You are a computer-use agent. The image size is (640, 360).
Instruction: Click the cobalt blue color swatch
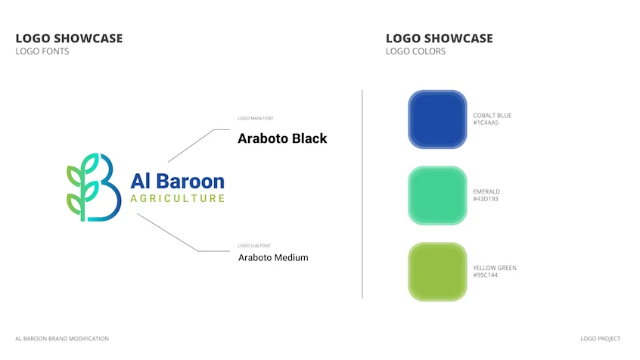pos(437,119)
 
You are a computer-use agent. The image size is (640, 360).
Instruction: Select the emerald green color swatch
pos(437,196)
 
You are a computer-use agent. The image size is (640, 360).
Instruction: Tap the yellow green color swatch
pos(437,272)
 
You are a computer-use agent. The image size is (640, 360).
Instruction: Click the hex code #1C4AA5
pos(486,123)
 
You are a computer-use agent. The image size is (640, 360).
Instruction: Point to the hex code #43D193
pos(486,199)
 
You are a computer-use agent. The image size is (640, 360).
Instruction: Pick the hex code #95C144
pos(486,275)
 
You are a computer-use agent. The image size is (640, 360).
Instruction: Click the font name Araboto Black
pos(282,138)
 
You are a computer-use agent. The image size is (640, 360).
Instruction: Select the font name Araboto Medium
pos(273,258)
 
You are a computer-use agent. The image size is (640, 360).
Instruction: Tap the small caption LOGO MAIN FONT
pos(256,119)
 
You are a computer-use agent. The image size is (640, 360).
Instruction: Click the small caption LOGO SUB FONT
pos(254,246)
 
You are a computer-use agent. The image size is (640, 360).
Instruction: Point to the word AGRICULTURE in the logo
pos(178,198)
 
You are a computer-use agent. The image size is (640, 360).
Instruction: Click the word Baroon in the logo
pos(190,182)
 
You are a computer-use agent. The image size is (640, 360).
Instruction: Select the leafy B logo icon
pos(94,188)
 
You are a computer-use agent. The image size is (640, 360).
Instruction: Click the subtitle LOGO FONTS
pos(42,51)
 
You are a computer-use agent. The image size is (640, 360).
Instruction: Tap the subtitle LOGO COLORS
pos(415,51)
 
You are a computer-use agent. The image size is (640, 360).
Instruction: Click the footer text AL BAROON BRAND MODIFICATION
pos(62,339)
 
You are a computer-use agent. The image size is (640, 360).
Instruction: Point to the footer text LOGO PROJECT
pos(601,339)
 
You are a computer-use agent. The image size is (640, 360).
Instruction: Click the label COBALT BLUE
pos(492,116)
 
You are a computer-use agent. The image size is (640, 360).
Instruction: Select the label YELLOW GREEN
pos(495,268)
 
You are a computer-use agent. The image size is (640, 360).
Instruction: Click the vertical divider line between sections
pos(362,194)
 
